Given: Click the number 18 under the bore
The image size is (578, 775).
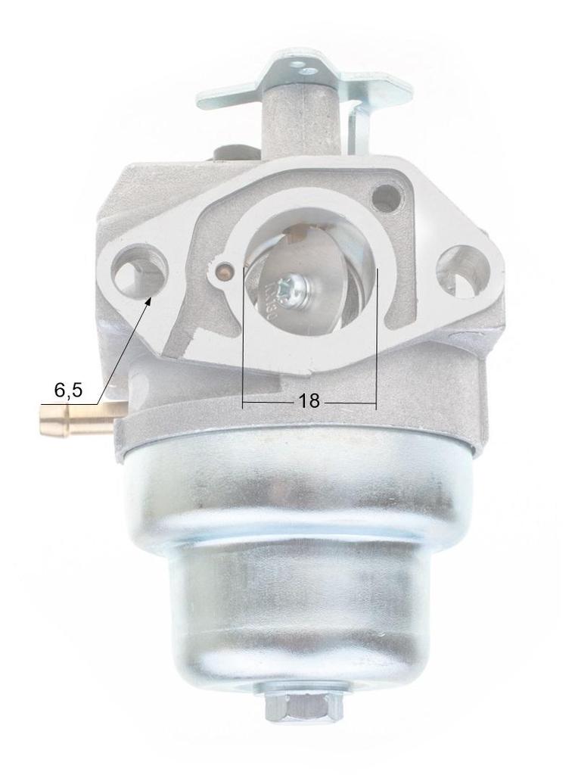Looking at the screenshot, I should [309, 401].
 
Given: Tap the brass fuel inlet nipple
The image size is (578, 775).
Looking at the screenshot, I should [76, 419].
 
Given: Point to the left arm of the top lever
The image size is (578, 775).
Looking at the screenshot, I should [227, 98].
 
